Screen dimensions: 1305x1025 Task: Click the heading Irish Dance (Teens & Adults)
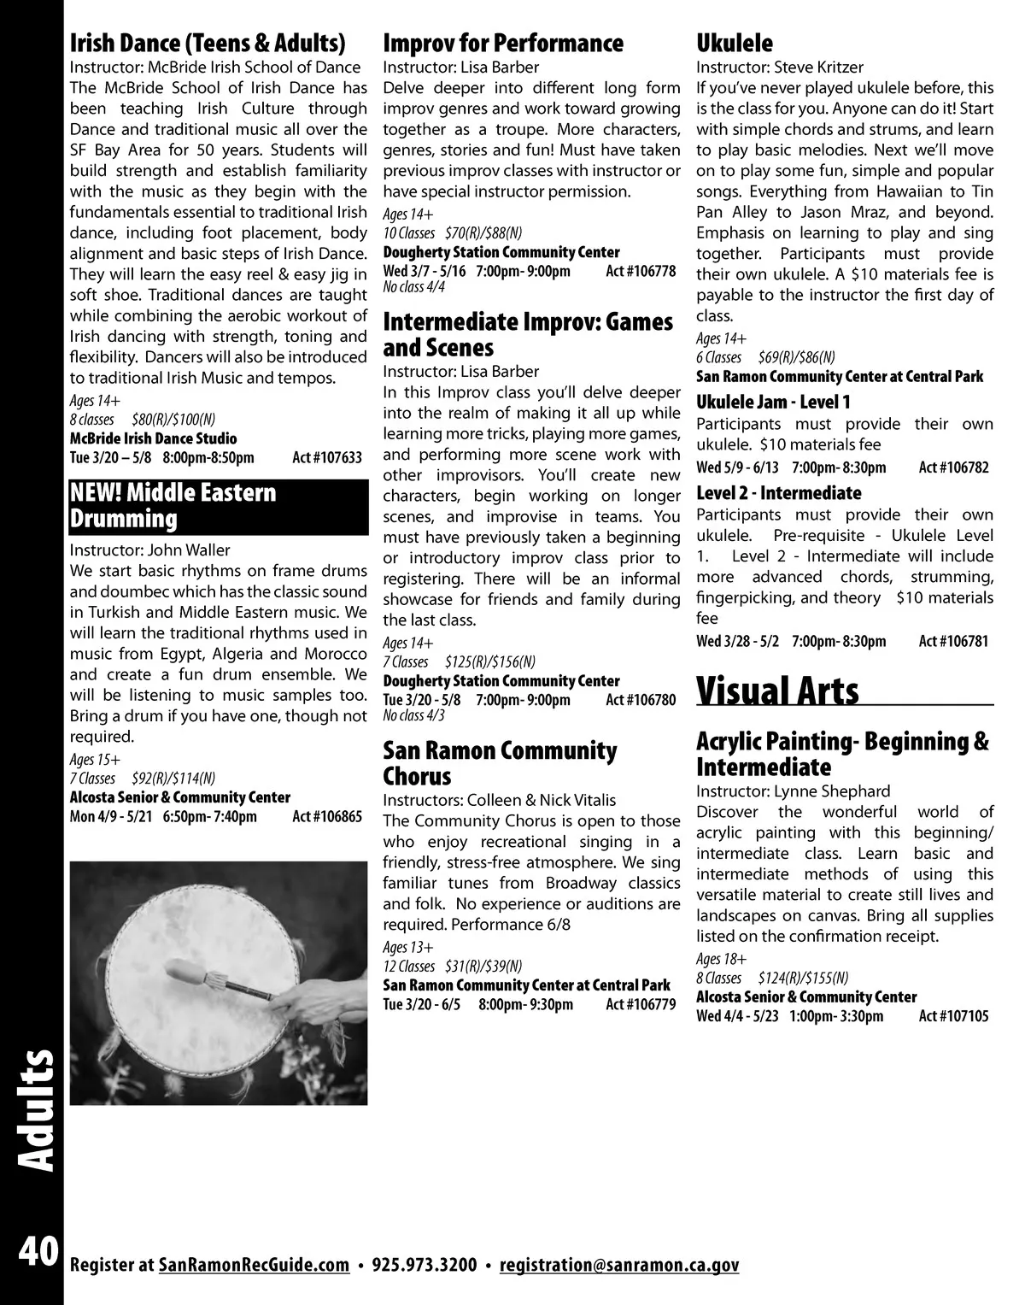[x=208, y=43]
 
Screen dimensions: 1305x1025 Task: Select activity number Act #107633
[x=327, y=458]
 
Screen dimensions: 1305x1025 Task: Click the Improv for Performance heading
[x=503, y=43]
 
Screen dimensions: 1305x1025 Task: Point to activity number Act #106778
[x=641, y=272]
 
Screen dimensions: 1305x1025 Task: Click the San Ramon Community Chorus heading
[x=500, y=763]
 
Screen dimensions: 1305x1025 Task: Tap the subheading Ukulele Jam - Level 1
[x=773, y=402]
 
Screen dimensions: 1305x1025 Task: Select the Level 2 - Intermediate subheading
[x=778, y=493]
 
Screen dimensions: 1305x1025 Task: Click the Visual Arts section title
[x=778, y=691]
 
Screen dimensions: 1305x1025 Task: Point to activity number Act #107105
[x=953, y=1016]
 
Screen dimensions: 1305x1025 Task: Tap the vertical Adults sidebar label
[x=34, y=1111]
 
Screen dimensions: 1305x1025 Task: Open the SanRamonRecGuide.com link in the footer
[x=255, y=1265]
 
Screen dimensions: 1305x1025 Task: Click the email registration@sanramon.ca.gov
[x=619, y=1265]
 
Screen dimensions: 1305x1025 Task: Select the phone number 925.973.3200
[x=425, y=1265]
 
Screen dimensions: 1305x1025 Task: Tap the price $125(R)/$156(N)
[x=490, y=661]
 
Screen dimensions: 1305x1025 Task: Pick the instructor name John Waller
[x=189, y=550]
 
